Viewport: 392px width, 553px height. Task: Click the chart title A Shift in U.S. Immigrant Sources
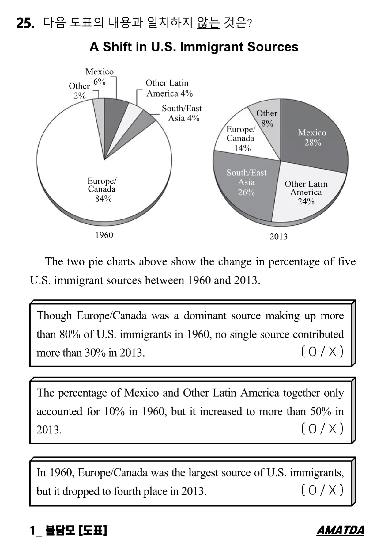[x=194, y=47]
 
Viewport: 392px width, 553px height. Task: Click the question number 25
[x=25, y=23]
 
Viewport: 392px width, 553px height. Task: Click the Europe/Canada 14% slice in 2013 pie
[x=241, y=138]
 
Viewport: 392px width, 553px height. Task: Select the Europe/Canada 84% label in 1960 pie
[x=102, y=189]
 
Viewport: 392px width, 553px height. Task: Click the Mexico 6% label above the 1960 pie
[x=99, y=76]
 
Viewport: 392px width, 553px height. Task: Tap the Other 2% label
[x=79, y=91]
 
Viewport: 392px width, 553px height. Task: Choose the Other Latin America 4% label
[x=169, y=88]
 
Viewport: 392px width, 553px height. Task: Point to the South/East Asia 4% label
[x=182, y=113]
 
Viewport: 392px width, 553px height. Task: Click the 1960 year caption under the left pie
[x=104, y=235]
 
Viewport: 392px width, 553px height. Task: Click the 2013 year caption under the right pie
[x=278, y=236]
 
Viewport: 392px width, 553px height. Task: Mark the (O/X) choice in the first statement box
[x=322, y=352]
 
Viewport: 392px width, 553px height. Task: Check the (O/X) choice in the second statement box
[x=322, y=429]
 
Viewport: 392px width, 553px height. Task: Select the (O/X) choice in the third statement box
[x=322, y=490]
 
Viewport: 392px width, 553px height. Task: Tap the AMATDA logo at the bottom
[x=340, y=530]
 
